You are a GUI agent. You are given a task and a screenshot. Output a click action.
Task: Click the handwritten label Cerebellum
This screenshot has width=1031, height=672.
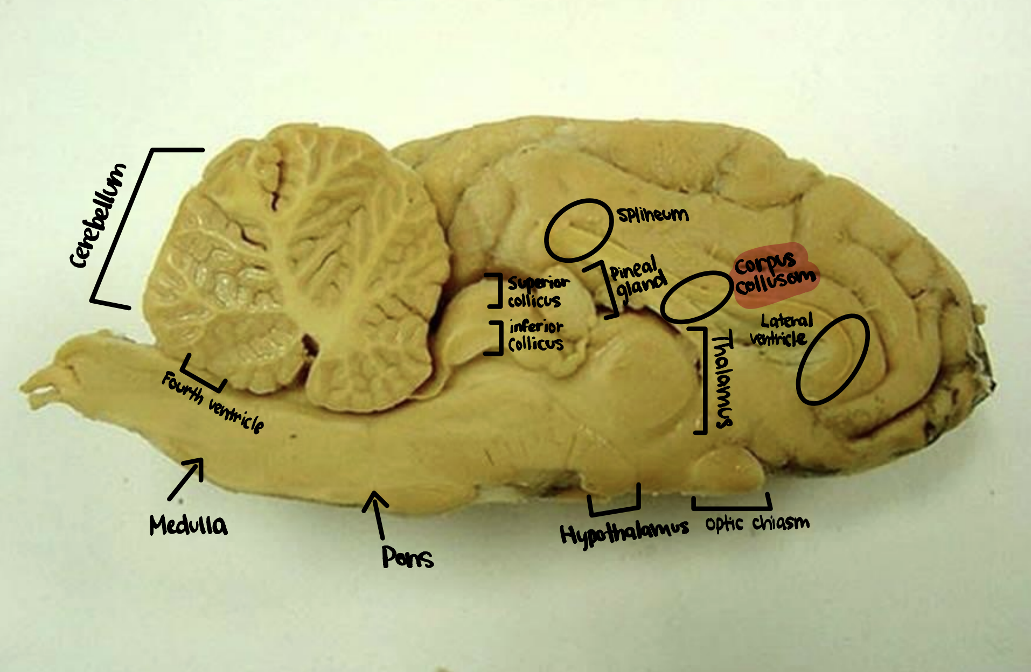99,215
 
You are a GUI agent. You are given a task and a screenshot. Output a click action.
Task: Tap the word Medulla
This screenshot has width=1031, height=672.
189,525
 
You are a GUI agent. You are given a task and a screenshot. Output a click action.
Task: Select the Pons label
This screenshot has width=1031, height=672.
408,557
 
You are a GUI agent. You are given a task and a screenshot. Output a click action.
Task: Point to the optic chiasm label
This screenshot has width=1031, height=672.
757,523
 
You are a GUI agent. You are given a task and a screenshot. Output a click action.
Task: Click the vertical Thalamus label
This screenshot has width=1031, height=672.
723,380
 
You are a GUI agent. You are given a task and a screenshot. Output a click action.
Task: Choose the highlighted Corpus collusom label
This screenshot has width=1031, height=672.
776,275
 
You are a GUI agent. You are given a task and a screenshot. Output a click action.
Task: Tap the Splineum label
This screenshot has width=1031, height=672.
653,215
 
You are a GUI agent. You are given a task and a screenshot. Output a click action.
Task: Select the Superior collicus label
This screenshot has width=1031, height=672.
537,292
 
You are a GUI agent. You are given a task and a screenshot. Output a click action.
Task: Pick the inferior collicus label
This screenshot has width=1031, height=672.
536,335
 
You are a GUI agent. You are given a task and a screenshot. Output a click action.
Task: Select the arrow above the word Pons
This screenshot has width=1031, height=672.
377,514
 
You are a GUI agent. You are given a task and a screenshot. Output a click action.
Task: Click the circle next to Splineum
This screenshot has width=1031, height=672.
579,230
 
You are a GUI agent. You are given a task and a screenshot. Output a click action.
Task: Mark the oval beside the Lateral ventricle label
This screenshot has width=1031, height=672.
833,359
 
